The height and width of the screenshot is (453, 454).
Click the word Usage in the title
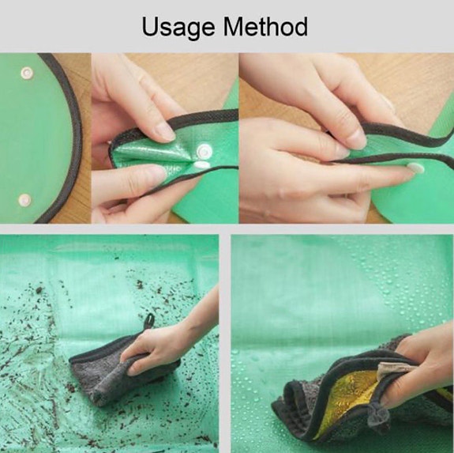(178, 27)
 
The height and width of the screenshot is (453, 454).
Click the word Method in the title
(265, 26)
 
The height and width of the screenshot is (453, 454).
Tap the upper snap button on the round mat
(26, 73)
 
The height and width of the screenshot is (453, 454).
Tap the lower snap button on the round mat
(24, 200)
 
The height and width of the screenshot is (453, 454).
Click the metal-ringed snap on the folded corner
(204, 151)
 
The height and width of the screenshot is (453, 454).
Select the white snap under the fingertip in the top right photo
(415, 168)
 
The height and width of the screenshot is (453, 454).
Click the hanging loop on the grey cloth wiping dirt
(149, 321)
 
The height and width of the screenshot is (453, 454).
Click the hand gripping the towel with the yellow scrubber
(417, 365)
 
